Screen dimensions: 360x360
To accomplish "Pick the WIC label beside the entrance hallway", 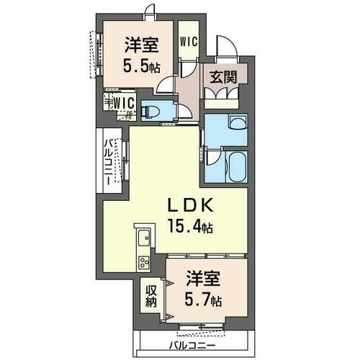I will click(189, 41).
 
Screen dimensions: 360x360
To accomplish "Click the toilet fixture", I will click(153, 110).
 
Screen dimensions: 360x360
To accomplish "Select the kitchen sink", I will click(143, 234).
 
